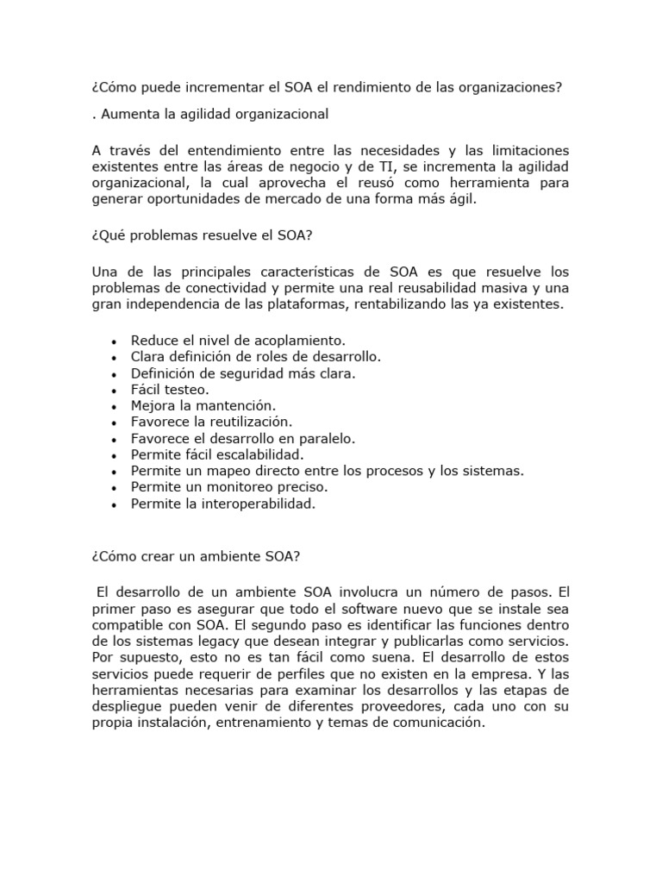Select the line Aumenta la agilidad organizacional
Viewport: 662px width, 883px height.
coord(209,113)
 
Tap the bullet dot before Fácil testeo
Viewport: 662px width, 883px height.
coord(115,391)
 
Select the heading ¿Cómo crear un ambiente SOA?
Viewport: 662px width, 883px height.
coord(195,556)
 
